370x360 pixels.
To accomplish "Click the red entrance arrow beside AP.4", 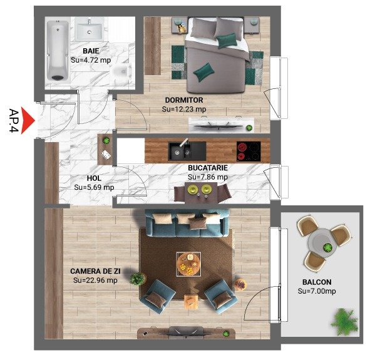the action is click(x=27, y=121).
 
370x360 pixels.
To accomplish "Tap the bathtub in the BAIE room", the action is click(x=58, y=51).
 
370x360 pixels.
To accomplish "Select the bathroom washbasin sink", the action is click(x=89, y=29).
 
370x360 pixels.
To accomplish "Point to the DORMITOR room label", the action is click(x=184, y=100).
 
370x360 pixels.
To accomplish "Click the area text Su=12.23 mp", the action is click(x=184, y=109).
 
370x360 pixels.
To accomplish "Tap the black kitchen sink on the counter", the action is click(x=187, y=151).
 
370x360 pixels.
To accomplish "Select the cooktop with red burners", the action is click(x=249, y=152).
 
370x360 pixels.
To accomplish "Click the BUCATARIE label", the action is click(x=208, y=168).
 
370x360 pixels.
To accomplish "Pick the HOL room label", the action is click(x=94, y=178).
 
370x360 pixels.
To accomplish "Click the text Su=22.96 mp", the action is click(x=95, y=280).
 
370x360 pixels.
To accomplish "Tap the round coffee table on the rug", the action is click(x=189, y=264).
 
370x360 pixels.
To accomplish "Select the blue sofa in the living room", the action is click(x=187, y=223).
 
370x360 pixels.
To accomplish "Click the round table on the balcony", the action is click(x=321, y=244).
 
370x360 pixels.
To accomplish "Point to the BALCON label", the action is click(x=317, y=282).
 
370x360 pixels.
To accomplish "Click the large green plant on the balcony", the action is click(x=345, y=321).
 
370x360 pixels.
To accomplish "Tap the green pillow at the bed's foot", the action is click(x=204, y=71).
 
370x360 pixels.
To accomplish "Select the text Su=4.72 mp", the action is click(x=91, y=60).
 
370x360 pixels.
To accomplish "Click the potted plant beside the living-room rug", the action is click(x=138, y=279).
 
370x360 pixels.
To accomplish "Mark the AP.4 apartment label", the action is click(x=14, y=121).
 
